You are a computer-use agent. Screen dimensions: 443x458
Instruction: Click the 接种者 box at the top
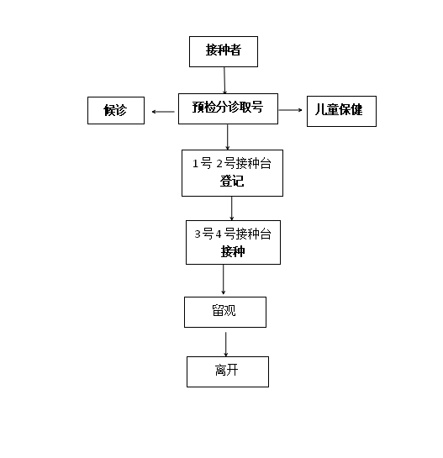pos(224,52)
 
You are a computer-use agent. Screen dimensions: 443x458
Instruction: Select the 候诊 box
pos(116,110)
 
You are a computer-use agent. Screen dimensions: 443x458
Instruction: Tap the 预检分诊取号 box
pos(228,108)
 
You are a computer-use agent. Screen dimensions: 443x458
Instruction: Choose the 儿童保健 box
pos(341,111)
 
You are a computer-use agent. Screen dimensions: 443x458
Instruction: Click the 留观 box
pos(225,312)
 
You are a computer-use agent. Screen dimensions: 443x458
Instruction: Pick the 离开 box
pos(228,371)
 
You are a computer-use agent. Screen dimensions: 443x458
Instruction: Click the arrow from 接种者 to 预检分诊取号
pos(224,81)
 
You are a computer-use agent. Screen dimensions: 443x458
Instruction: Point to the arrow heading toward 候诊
pos(163,112)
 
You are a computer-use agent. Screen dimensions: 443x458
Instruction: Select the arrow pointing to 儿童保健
pos(291,110)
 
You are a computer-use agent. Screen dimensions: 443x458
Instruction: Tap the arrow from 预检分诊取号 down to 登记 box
pos(227,137)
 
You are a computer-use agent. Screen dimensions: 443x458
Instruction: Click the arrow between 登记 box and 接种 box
pos(232,208)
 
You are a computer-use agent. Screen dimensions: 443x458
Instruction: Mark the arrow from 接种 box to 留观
pos(224,279)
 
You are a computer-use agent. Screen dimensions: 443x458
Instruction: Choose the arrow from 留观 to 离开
pos(225,344)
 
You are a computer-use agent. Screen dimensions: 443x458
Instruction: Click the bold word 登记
pos(232,181)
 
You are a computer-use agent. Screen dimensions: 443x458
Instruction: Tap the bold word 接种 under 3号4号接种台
pos(233,251)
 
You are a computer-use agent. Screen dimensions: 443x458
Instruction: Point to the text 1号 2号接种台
pos(232,163)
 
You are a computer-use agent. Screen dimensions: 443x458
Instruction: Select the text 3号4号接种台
pos(233,234)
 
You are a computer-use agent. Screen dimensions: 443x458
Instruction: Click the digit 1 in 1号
pos(195,164)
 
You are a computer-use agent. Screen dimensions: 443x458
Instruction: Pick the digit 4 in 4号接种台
pos(219,234)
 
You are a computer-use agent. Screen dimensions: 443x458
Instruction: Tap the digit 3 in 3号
pos(198,234)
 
